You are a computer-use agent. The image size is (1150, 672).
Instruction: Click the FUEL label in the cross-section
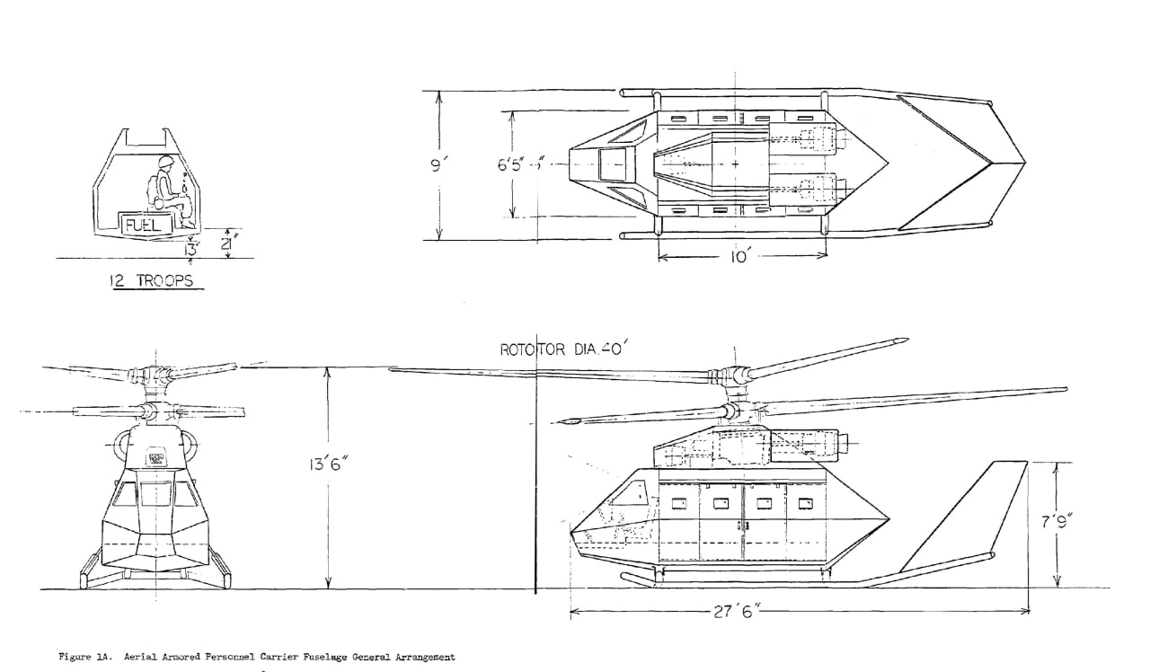click(x=143, y=224)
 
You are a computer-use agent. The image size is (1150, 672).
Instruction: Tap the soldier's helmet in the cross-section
click(x=164, y=163)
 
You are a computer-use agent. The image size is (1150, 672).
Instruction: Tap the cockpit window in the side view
click(x=629, y=494)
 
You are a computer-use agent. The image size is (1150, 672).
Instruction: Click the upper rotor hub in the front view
click(x=149, y=373)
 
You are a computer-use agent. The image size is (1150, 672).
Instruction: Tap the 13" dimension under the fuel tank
click(x=190, y=245)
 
